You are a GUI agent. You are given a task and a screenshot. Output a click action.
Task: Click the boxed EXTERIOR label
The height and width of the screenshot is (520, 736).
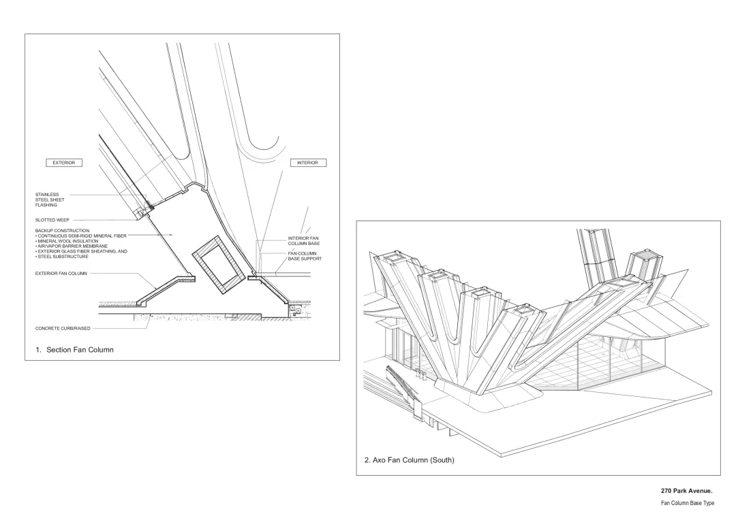click(x=63, y=163)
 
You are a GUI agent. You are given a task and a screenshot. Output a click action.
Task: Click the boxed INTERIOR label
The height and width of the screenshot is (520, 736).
click(x=308, y=163)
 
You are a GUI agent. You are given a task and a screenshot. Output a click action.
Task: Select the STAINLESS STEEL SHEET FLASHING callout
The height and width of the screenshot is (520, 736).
click(x=50, y=199)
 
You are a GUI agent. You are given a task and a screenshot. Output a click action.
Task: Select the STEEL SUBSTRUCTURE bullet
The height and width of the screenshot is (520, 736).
click(x=62, y=257)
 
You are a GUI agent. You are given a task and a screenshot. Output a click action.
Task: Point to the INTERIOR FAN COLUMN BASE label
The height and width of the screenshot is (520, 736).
click(x=303, y=240)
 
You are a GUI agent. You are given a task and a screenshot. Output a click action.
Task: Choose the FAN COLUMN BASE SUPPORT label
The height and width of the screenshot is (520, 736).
click(x=303, y=256)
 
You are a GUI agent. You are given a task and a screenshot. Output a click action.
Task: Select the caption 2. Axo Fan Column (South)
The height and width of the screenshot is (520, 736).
click(x=409, y=460)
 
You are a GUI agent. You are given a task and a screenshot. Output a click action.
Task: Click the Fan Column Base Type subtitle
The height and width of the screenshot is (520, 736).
click(x=687, y=502)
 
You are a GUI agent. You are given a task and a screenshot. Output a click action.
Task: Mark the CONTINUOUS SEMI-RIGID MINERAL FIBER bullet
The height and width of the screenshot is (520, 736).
click(x=81, y=235)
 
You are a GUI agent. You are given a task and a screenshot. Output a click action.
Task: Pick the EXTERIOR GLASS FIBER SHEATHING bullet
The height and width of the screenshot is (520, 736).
click(x=81, y=251)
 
